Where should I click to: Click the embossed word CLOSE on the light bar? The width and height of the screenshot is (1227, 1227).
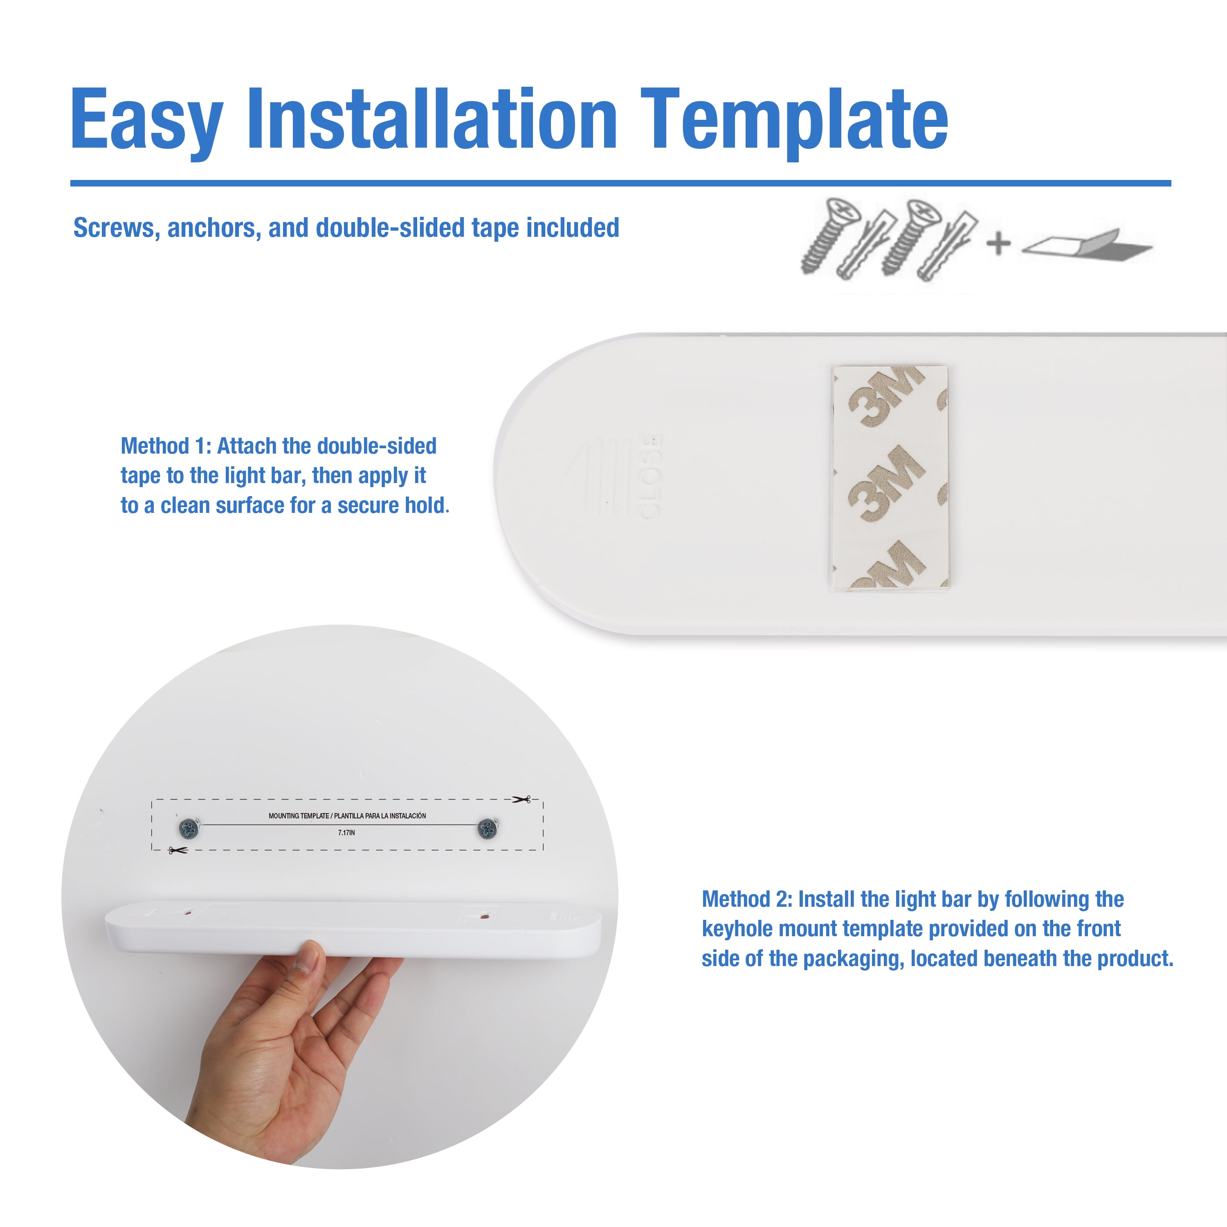pyautogui.click(x=649, y=476)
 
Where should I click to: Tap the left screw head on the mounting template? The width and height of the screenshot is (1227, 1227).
pyautogui.click(x=189, y=828)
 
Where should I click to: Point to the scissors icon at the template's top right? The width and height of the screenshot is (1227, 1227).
pyautogui.click(x=521, y=800)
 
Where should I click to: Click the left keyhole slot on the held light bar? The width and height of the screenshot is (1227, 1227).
pyautogui.click(x=188, y=912)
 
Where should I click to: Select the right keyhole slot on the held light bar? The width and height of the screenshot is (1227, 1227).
pyautogui.click(x=484, y=917)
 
